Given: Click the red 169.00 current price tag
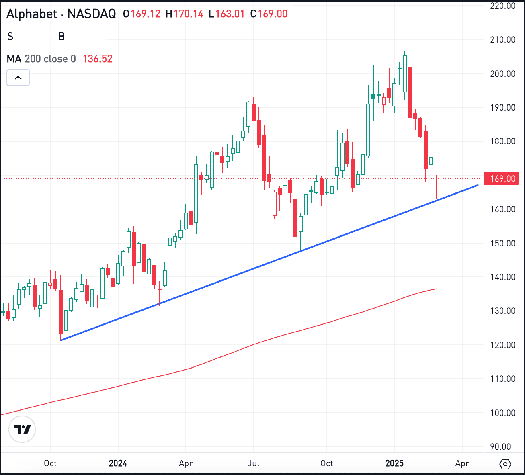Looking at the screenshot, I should click(502, 178).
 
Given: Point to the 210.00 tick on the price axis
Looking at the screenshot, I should click(502, 39).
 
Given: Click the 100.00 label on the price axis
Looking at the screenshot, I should click(502, 413).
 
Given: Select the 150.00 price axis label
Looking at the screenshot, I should click(502, 243).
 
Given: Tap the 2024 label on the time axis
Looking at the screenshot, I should click(118, 463).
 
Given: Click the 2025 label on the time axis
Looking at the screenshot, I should click(394, 463).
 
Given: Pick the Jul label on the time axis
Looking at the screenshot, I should click(253, 463).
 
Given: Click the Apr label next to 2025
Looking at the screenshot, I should click(462, 463).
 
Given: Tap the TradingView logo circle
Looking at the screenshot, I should click(22, 429).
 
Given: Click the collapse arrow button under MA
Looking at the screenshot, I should click(18, 78).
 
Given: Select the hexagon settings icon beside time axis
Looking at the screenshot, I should click(505, 464).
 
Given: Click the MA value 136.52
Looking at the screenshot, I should click(97, 59).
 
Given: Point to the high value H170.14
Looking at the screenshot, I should click(185, 14).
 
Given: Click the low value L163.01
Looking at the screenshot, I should click(227, 14).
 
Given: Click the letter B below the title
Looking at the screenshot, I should click(62, 37).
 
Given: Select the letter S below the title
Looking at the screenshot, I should click(10, 37).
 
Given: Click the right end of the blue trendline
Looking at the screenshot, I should click(478, 185).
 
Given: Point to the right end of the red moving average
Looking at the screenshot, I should click(437, 289).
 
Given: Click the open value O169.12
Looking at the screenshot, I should click(142, 14).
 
